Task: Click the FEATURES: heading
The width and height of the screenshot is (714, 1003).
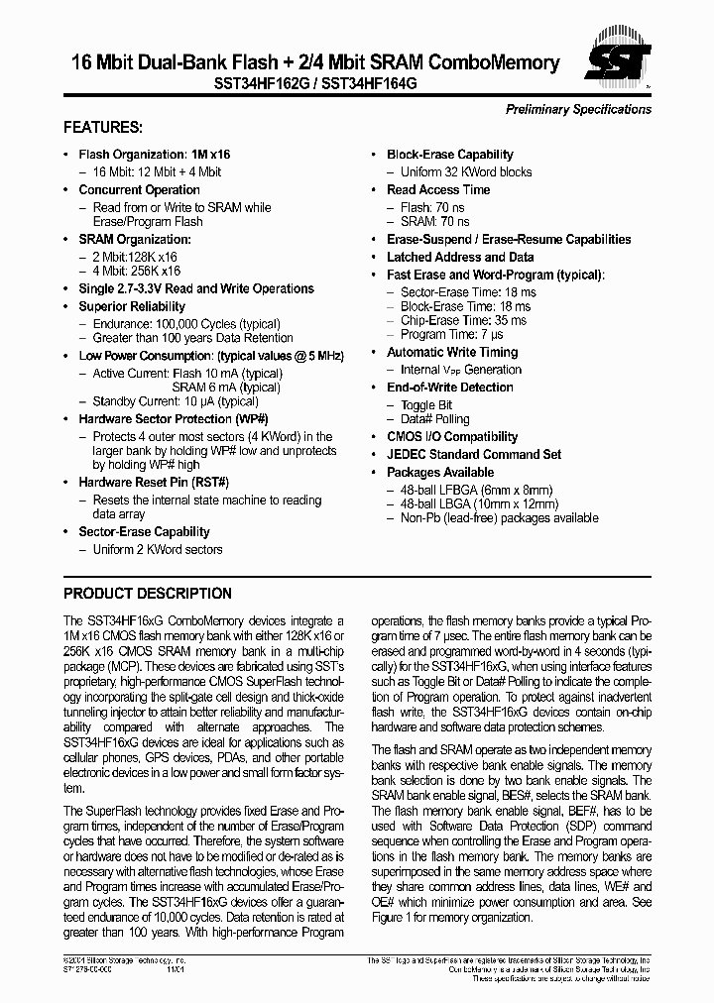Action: click(103, 128)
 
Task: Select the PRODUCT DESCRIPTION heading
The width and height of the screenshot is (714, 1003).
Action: click(148, 594)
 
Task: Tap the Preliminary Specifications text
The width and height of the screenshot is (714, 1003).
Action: click(578, 109)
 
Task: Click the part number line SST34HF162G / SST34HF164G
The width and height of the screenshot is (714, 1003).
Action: click(314, 86)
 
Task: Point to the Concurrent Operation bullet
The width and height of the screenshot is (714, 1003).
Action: click(139, 189)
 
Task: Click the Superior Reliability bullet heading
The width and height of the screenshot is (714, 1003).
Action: click(132, 306)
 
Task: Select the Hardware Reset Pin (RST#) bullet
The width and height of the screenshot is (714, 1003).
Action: click(154, 482)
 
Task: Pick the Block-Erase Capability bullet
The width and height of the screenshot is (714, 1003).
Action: click(449, 155)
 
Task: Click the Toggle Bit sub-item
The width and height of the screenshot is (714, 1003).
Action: click(426, 405)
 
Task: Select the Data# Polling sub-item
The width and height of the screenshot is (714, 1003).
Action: click(434, 419)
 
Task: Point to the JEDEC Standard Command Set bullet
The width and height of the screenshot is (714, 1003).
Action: click(473, 454)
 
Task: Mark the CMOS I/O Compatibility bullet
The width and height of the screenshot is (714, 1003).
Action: click(451, 436)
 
